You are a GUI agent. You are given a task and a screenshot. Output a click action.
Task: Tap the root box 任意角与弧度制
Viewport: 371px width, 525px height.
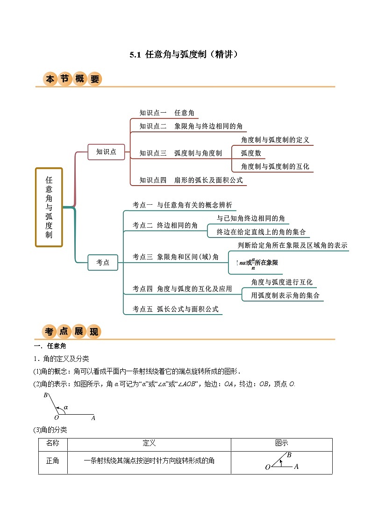point(49,207)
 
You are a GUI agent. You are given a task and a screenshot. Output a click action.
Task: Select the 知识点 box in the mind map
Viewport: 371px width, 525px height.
point(106,152)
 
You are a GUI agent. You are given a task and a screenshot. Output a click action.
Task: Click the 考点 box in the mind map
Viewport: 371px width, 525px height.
point(103,263)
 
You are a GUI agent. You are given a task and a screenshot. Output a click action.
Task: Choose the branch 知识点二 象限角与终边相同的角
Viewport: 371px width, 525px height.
point(191,126)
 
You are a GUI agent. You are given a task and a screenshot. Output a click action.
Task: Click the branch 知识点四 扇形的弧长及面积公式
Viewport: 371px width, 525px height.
point(191,180)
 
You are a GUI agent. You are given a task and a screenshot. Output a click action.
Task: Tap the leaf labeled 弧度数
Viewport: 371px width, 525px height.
point(251,153)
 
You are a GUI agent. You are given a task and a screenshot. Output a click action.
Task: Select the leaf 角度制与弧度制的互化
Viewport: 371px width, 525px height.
point(275,166)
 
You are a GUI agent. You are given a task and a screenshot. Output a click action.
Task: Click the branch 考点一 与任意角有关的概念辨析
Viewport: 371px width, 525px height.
point(182,205)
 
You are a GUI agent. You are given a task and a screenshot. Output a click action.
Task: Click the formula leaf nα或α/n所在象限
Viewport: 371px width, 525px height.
point(258,263)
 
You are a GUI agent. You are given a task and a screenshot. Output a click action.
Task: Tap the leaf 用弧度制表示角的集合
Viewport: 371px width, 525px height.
point(282,295)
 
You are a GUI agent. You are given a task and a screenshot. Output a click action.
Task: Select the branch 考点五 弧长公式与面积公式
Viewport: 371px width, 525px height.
point(176,309)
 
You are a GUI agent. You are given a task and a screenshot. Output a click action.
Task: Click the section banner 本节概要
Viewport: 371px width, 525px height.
point(72,79)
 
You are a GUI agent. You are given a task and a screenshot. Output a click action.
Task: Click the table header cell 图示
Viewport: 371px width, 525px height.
point(281,444)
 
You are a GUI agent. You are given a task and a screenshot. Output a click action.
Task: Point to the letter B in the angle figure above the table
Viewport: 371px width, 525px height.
point(46,396)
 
